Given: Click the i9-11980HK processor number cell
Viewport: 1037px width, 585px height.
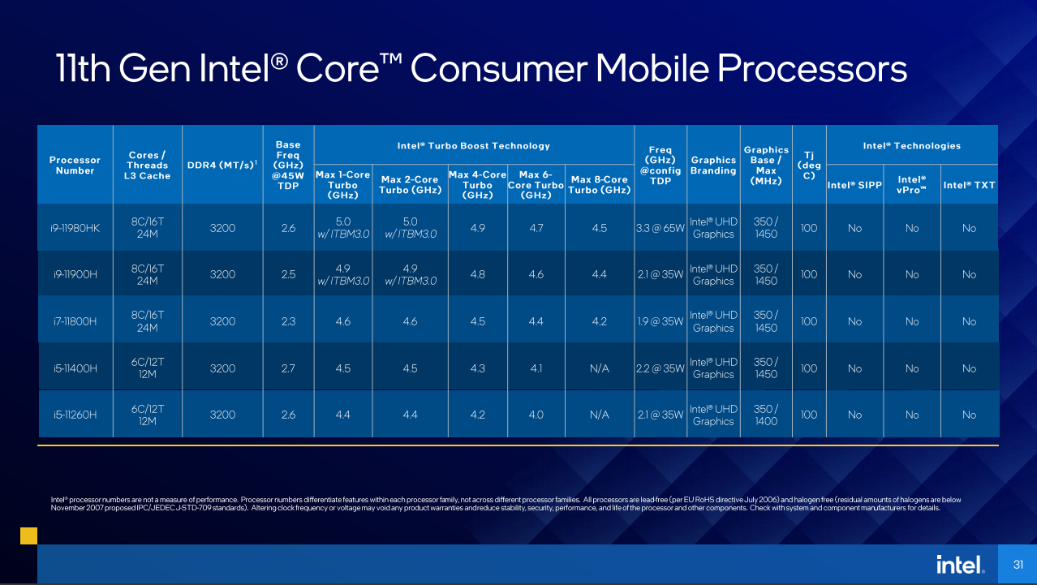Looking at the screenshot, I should (75, 228).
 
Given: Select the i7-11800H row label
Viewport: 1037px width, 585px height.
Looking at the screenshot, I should (75, 321).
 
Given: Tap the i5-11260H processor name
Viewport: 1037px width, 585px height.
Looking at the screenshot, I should (75, 415).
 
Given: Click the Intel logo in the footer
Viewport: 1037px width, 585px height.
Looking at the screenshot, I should (960, 564).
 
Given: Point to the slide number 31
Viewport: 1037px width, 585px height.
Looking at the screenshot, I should (1018, 565).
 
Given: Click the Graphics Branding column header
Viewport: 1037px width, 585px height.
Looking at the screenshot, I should (713, 166).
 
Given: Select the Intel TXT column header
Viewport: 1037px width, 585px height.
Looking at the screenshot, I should (969, 185).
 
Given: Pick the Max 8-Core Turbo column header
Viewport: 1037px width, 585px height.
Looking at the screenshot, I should (599, 185).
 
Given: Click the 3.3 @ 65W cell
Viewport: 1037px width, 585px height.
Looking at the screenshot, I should (660, 228).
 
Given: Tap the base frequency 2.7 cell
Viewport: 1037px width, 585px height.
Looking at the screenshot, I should (288, 368).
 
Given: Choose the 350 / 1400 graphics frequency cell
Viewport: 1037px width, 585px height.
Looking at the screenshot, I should (766, 415).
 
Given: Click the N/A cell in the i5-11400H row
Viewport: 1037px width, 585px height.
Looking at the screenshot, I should (599, 368).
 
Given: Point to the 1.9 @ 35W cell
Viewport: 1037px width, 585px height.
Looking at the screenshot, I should (660, 321).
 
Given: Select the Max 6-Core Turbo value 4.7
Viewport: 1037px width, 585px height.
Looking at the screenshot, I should (536, 228).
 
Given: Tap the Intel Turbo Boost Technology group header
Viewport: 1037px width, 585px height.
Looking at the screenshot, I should (473, 146).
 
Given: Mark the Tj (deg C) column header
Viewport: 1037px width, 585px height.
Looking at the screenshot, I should (808, 166).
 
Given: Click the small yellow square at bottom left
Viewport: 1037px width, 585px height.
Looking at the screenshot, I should (28, 536).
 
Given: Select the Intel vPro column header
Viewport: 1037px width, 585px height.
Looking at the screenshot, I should (911, 185).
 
